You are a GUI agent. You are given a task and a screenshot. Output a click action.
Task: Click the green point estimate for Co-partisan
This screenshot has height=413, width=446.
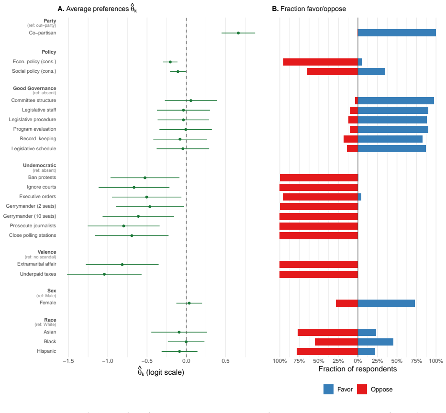238,33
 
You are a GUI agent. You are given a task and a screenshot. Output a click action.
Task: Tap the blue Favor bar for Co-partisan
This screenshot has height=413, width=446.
397,33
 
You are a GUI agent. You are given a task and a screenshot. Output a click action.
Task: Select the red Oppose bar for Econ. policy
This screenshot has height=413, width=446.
321,62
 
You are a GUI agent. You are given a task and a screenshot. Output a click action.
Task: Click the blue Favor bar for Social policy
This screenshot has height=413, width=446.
371,71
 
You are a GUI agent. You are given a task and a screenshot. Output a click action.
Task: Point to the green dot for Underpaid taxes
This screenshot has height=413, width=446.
104,274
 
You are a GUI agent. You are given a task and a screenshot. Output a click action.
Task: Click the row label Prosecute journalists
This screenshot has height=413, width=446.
33,225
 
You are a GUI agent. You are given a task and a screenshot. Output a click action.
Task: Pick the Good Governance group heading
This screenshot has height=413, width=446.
34,88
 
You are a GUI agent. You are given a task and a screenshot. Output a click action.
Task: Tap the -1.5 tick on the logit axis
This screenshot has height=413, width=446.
68,361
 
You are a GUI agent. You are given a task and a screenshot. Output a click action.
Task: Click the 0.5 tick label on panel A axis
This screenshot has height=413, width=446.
225,361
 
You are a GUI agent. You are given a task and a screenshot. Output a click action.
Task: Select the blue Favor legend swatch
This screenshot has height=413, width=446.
329,390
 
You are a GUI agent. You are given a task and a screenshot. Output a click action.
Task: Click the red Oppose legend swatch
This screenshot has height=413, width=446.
362,390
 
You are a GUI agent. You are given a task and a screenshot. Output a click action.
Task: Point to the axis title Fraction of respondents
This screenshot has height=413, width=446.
357,369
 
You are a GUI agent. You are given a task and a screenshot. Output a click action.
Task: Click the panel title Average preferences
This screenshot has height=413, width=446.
97,8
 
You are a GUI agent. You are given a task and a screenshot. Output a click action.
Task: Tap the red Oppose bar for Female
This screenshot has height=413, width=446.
347,303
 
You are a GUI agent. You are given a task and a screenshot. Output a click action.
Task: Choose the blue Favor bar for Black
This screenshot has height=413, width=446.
376,342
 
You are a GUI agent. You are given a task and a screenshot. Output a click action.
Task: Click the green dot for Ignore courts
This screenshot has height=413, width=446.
134,187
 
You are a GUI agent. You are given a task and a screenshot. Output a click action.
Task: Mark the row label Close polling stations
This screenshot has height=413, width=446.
33,235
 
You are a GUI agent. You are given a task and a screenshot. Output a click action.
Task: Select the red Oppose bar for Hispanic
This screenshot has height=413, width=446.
327,352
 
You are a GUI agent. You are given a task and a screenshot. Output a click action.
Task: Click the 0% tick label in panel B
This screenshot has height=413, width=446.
358,361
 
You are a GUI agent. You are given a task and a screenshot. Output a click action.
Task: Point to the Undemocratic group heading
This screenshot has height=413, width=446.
40,165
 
